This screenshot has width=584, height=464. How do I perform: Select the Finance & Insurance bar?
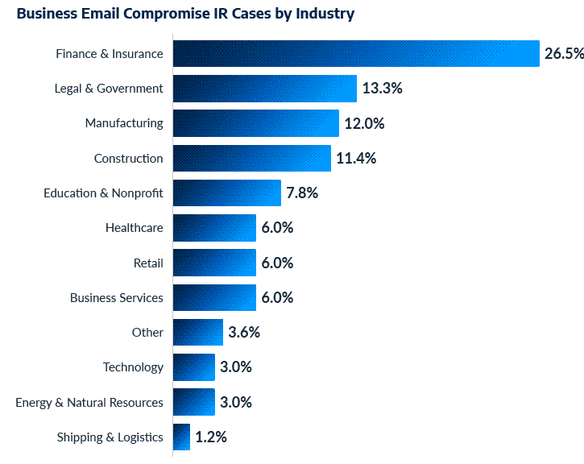pos(355,54)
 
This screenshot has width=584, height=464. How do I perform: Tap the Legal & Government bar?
pos(264,89)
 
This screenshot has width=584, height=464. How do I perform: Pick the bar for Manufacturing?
pos(255,123)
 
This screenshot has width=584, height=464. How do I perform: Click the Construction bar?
pos(251,158)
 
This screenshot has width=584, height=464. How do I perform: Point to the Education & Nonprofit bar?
pos(226,193)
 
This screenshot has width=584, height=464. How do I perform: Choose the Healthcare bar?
pos(214,228)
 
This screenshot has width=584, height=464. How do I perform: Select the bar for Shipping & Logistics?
pos(181,437)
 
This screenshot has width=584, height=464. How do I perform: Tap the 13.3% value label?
pos(382,89)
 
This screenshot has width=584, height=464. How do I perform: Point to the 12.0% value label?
pos(365,123)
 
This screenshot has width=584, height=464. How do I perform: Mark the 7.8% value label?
pos(302,193)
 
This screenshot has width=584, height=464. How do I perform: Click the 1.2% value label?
pos(211,437)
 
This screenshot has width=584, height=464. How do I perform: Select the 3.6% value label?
pos(244,333)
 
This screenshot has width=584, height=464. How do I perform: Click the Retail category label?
pos(148,263)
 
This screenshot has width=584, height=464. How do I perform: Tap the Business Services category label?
pos(117,298)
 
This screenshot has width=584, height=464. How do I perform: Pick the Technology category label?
pos(133,367)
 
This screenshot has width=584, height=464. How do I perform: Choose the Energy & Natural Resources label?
pos(89,402)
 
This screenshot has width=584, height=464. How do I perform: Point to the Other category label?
pos(147,333)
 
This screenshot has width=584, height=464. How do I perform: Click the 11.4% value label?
pos(356,159)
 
